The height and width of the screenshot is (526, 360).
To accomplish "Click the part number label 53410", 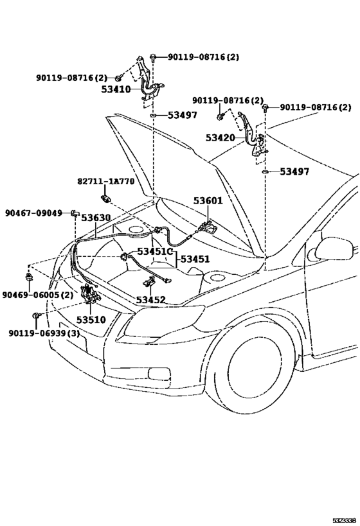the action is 116,89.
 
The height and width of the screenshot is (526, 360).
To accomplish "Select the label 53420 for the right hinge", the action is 221,137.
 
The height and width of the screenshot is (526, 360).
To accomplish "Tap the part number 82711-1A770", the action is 106,182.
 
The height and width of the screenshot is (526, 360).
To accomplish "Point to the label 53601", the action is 208,200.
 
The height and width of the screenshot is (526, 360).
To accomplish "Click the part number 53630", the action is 96,218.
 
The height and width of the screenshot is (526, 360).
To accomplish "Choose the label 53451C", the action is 154,252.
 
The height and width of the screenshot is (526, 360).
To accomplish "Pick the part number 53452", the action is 151,299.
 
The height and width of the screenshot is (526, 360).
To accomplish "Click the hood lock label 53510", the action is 91,320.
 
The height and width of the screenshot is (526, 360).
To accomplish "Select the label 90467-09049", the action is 33,213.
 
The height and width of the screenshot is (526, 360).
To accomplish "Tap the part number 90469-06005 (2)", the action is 38,295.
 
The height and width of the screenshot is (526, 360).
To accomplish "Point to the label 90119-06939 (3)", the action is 44,333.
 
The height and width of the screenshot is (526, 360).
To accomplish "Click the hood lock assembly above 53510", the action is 89,294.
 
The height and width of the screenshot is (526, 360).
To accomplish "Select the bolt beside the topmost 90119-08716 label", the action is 153,57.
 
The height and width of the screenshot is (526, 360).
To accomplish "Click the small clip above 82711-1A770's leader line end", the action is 105,198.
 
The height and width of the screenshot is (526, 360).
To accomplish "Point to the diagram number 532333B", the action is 344,521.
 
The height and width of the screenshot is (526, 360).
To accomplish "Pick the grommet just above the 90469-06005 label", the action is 29,277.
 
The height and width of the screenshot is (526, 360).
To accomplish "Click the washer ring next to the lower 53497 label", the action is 265,172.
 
